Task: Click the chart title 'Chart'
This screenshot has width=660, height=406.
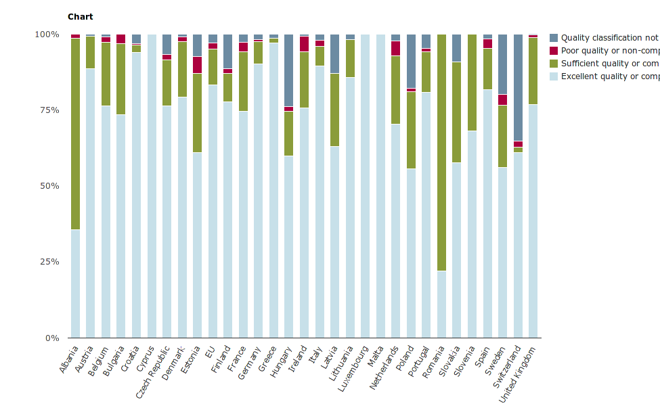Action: [81, 17]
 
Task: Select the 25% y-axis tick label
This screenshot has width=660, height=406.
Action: [47, 262]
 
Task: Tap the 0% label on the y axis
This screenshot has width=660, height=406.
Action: [51, 338]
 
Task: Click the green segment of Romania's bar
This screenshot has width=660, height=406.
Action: [442, 152]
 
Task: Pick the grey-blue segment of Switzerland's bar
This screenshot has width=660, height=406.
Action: [518, 88]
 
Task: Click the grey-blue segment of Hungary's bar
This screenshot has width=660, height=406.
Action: [289, 70]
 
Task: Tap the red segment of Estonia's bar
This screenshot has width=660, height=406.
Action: [198, 65]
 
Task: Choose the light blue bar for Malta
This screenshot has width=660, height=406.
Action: [380, 186]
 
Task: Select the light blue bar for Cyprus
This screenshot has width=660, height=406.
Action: [152, 186]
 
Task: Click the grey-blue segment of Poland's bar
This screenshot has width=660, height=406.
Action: [411, 61]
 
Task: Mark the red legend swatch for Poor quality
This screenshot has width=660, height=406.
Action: [554, 51]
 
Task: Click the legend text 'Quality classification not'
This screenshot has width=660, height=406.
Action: [609, 38]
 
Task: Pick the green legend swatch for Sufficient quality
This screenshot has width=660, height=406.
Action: [554, 64]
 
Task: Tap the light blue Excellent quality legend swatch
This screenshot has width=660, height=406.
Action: [554, 76]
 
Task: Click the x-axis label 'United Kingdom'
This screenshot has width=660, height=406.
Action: [519, 374]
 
